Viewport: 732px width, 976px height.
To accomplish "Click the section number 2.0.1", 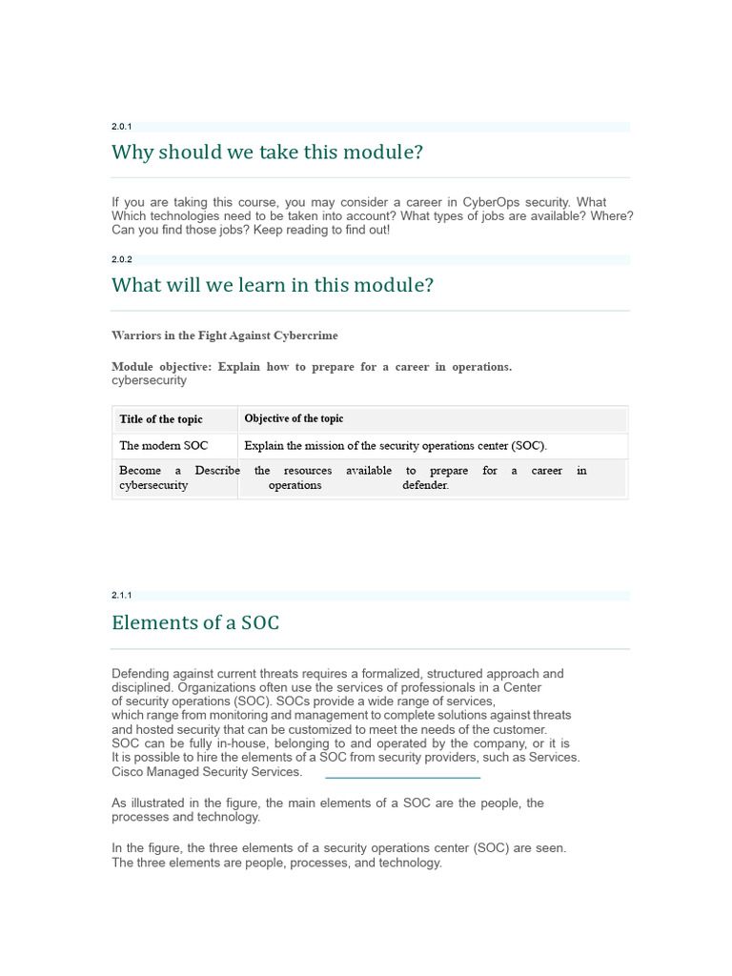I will [x=121, y=127].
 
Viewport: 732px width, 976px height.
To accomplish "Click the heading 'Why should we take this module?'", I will [x=267, y=152].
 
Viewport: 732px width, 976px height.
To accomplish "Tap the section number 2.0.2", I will [x=121, y=259].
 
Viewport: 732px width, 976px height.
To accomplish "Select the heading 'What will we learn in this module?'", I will [x=272, y=285].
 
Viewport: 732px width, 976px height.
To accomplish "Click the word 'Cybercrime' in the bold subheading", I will [x=305, y=335].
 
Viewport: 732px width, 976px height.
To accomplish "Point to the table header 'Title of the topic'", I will [x=161, y=419].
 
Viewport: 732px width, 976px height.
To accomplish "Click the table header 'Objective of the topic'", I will [x=294, y=418].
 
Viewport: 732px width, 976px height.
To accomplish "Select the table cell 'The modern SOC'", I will [x=164, y=445].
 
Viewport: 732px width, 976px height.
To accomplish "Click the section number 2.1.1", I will [x=121, y=596].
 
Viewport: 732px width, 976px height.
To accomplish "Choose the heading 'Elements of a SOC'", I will [x=195, y=623].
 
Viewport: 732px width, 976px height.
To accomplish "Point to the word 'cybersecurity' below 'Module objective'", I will [x=149, y=380].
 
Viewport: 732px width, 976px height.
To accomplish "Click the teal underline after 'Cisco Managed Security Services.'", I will [x=402, y=778].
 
